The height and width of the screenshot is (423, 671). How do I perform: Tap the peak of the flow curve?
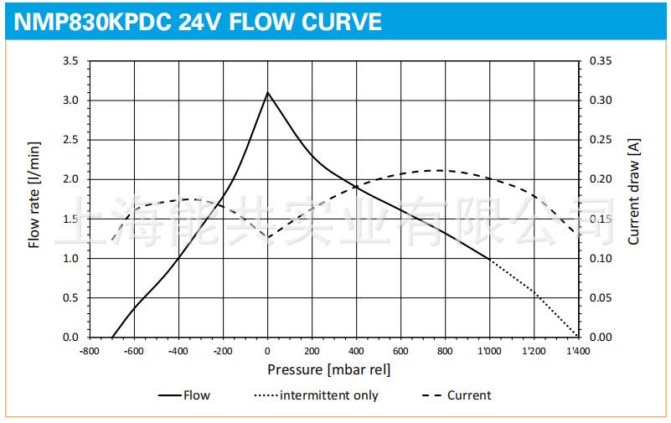267,92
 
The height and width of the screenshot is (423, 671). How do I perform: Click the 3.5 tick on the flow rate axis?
70,61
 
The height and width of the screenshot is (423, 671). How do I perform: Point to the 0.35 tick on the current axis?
601,61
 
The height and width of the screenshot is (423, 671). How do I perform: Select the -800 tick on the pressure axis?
89,352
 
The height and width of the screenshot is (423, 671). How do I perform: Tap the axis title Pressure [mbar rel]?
328,369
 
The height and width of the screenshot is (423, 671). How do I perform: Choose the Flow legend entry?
197,395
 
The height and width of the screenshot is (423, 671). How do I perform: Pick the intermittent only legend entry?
328,395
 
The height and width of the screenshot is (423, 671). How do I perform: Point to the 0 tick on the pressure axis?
268,352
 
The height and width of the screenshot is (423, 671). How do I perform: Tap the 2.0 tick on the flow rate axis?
70,179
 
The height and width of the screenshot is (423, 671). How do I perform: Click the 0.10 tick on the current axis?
601,259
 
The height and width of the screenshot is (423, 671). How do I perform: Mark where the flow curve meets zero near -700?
112,337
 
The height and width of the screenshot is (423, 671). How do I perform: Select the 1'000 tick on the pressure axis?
489,352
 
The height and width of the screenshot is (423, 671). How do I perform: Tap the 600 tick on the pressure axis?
400,352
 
